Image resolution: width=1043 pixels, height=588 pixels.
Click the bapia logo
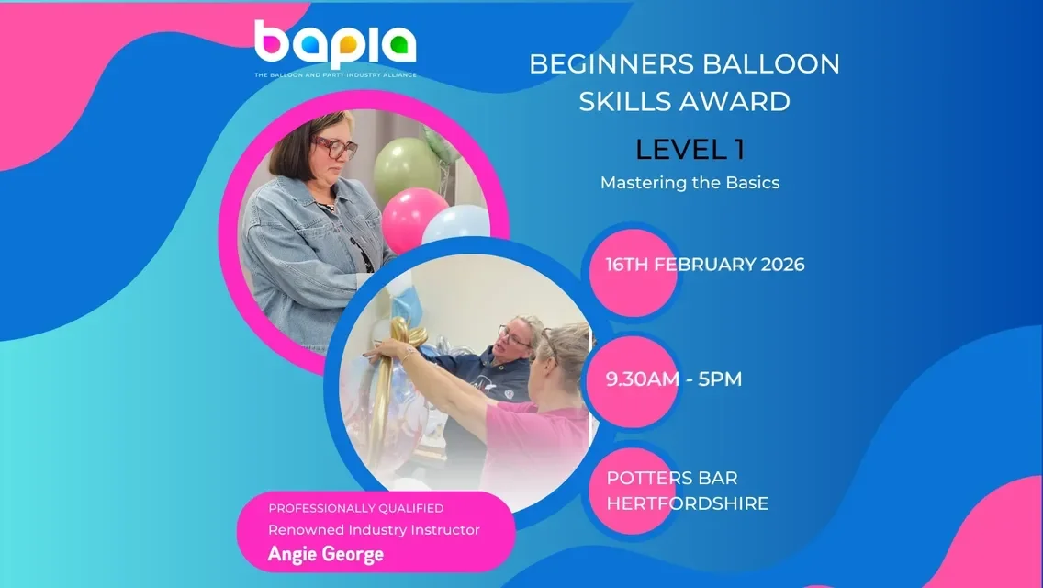(x=335, y=44)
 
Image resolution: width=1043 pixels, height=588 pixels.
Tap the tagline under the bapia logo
(x=335, y=74)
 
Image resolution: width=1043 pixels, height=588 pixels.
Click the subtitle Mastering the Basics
(x=690, y=182)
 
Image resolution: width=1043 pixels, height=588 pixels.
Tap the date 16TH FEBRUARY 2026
(x=704, y=265)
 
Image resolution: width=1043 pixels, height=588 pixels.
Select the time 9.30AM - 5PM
(x=673, y=379)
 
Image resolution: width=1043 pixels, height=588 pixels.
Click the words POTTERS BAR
(x=671, y=479)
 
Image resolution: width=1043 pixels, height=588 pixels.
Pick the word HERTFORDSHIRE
(x=687, y=503)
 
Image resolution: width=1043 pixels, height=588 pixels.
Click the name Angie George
(x=325, y=554)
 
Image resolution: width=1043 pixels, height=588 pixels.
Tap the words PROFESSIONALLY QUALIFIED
(x=356, y=508)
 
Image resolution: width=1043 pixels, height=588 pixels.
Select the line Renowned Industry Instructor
(x=374, y=529)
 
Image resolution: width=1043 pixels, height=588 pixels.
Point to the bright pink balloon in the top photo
(x=413, y=219)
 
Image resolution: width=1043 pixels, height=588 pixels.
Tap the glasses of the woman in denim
(x=335, y=147)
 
